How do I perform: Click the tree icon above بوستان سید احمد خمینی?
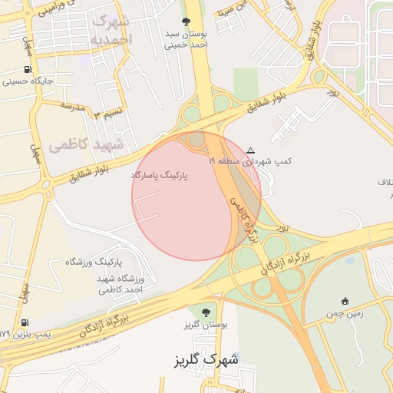click(x=185, y=21)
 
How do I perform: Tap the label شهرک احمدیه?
click(x=111, y=30)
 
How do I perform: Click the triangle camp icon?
click(x=250, y=150)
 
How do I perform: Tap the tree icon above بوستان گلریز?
click(x=205, y=311)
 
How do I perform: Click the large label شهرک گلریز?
click(x=205, y=359)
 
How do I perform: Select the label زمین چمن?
click(x=345, y=313)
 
